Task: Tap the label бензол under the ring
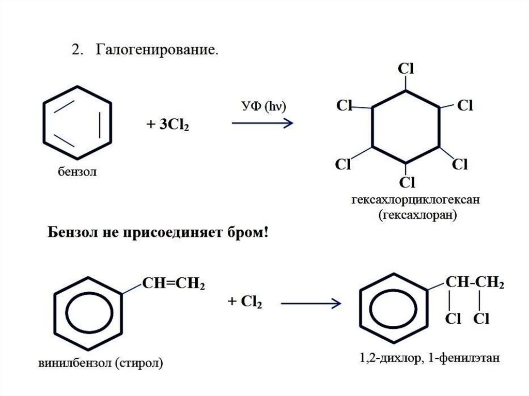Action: pyautogui.click(x=77, y=171)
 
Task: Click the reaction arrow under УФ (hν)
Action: pyautogui.click(x=262, y=123)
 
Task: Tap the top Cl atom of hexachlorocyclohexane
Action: pyautogui.click(x=406, y=69)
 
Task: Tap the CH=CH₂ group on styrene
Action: pyautogui.click(x=173, y=284)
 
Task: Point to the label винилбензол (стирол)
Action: pyautogui.click(x=100, y=362)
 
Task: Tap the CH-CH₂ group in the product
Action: pyautogui.click(x=475, y=282)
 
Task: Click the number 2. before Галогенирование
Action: pyautogui.click(x=76, y=51)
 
